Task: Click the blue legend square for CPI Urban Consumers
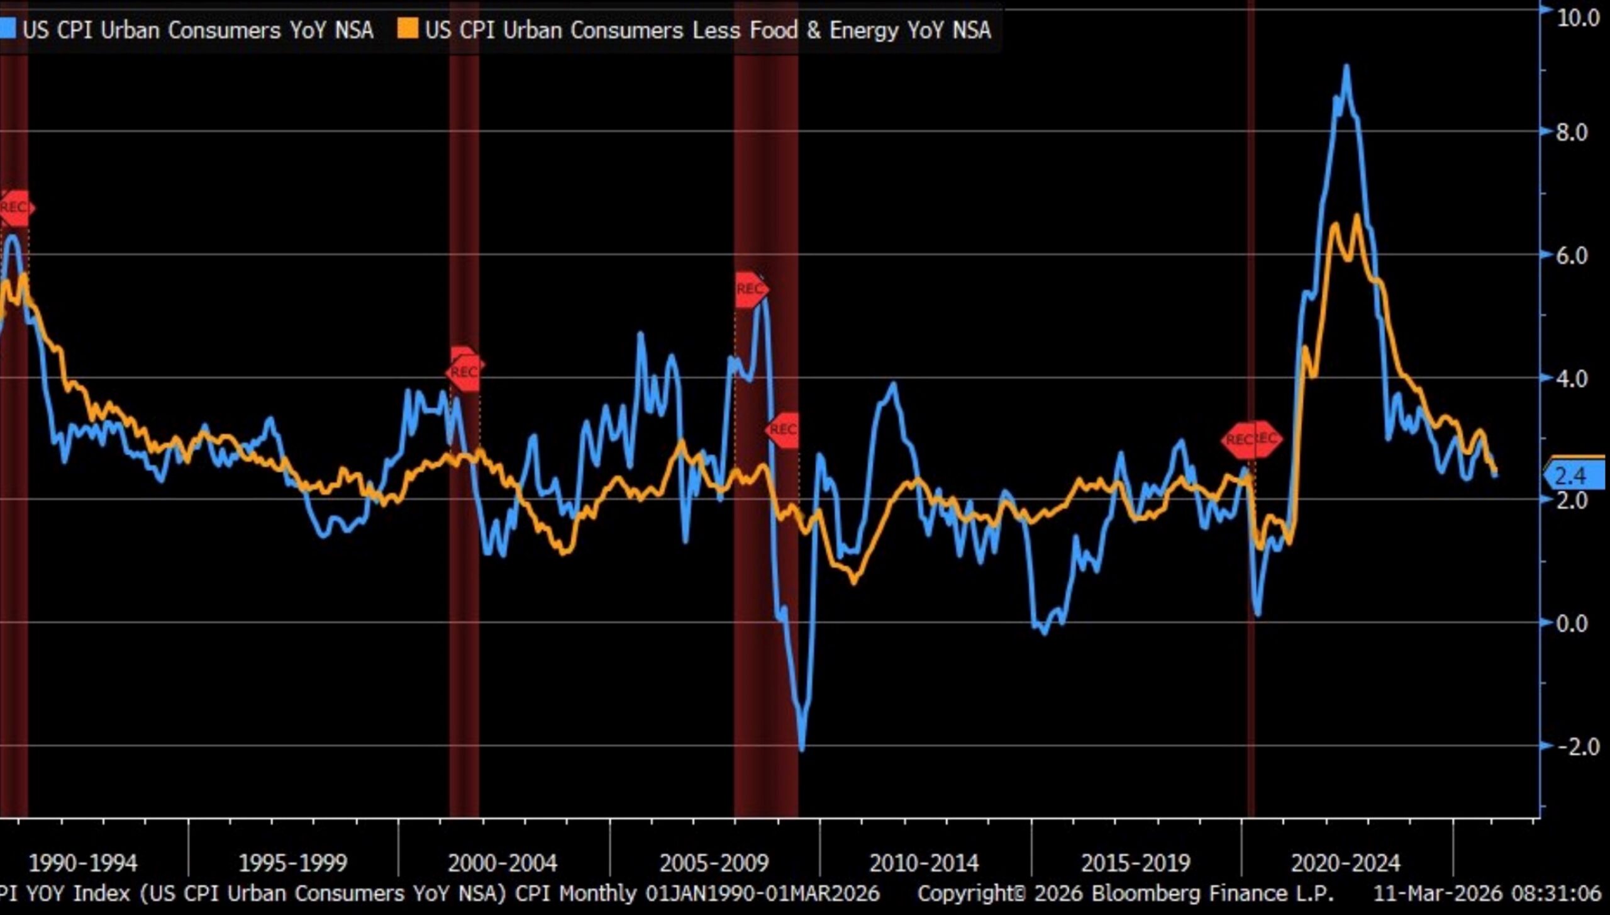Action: [8, 28]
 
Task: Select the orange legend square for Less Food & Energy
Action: [408, 28]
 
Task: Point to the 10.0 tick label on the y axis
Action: [1578, 18]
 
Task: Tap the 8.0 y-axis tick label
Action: [1571, 132]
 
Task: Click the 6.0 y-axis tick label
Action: [1571, 255]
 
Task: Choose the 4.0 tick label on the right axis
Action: [1571, 379]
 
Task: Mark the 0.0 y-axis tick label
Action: [1571, 623]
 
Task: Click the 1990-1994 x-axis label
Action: [83, 863]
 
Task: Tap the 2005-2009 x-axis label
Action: [714, 863]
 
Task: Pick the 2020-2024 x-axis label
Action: [1345, 863]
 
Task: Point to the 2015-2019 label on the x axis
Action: [1135, 863]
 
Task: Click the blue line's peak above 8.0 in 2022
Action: [1346, 67]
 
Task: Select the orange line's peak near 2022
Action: [1357, 216]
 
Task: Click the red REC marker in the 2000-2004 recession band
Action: [465, 371]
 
